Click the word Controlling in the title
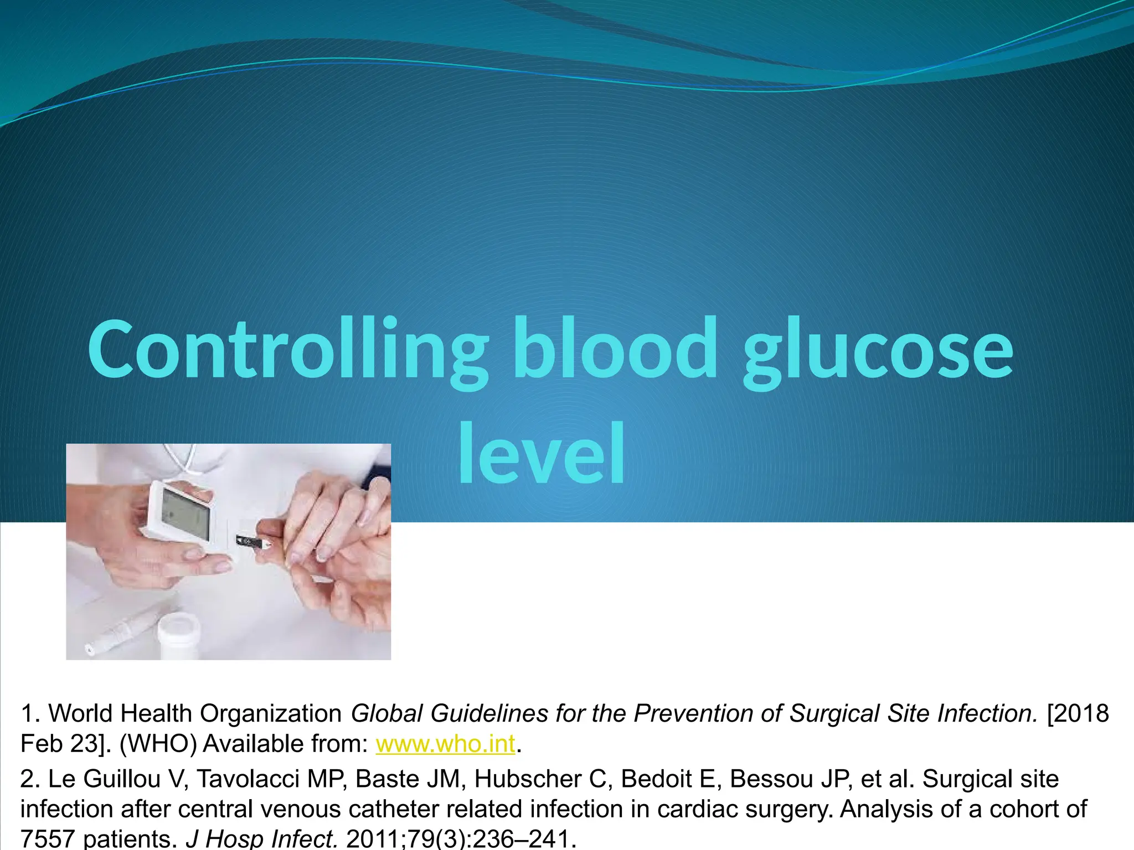coord(288,350)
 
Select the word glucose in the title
coord(878,354)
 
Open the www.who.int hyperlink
coord(445,744)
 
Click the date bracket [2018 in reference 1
coord(1077,713)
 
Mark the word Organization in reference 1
coord(270,713)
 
